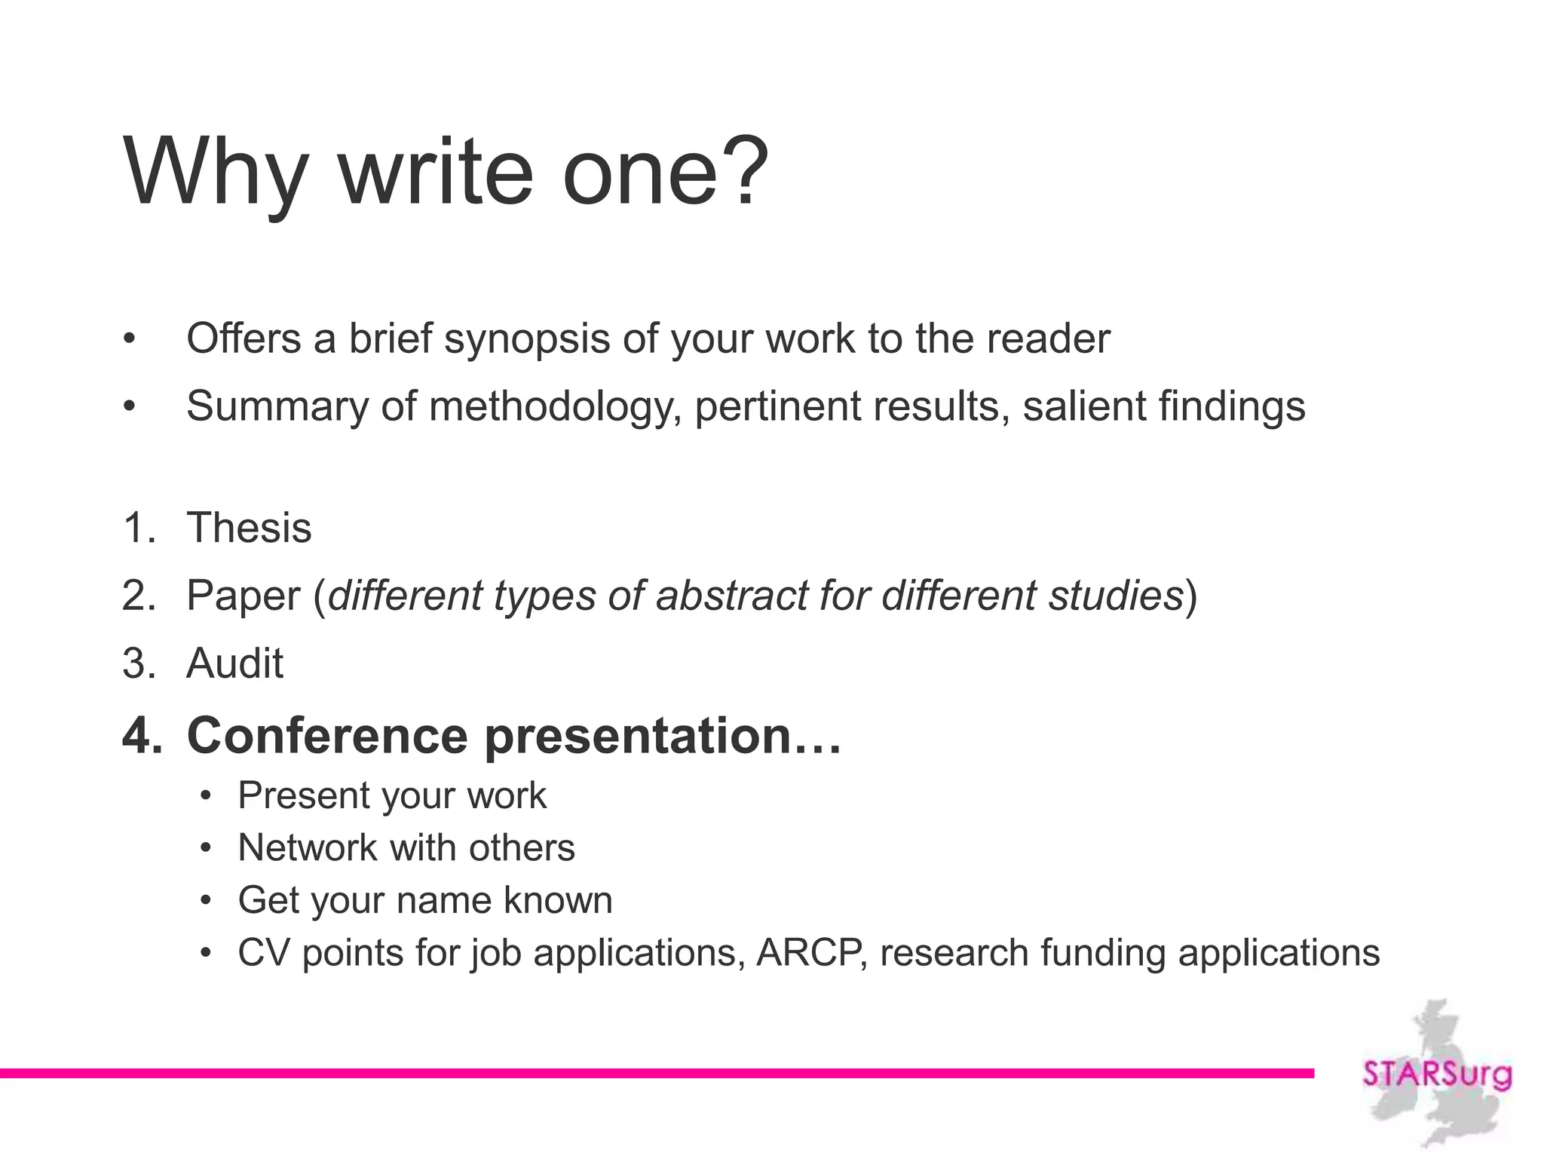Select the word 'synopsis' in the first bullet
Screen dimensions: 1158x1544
click(x=526, y=339)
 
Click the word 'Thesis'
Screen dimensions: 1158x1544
click(x=249, y=528)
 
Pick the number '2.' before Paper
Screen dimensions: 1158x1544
click(x=139, y=596)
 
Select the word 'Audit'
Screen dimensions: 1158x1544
click(x=234, y=663)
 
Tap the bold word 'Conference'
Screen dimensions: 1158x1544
click(x=327, y=735)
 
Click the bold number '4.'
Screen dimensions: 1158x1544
click(x=142, y=735)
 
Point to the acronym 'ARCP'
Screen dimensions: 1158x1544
click(x=810, y=953)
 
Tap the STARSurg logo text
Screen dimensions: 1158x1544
click(x=1437, y=1074)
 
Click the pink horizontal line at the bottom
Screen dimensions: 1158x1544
click(x=656, y=1073)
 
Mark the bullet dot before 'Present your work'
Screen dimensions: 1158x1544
click(x=206, y=796)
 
